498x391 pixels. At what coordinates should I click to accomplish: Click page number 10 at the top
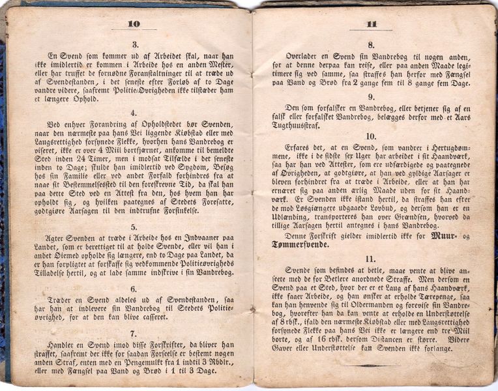pos(133,24)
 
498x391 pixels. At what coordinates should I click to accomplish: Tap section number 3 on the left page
pos(135,45)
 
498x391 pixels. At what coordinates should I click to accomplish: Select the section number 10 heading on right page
pos(370,136)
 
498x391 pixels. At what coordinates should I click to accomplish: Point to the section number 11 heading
pos(370,259)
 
